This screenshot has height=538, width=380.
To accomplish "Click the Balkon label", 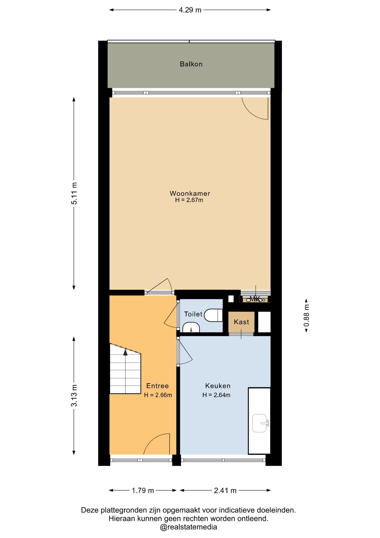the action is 191,64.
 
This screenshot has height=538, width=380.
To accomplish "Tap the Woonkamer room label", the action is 190,193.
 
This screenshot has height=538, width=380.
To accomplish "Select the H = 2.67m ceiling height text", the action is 189,200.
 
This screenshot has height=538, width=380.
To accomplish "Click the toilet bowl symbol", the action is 213,315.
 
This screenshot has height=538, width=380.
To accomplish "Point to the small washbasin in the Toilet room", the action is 191,327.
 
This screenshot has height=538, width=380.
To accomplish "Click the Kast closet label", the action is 241,322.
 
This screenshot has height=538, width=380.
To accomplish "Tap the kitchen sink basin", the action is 260,423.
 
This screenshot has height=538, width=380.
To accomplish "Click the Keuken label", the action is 218,386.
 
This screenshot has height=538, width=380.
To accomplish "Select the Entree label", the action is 158,386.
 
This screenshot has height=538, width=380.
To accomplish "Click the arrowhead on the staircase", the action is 125,352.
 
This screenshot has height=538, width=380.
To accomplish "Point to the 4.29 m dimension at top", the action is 190,10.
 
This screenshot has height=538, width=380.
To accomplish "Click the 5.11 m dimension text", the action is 74,193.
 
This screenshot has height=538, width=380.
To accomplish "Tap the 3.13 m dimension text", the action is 74,395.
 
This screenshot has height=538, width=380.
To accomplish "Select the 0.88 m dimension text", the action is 306,316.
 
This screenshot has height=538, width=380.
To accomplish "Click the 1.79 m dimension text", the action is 143,491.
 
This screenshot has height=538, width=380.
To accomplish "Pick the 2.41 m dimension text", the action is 225,491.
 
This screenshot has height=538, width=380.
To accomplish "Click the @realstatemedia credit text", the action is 189,527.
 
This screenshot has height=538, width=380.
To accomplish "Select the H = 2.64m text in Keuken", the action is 217,395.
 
